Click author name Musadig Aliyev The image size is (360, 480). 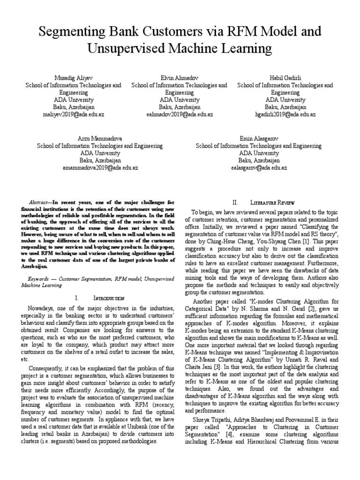coord(74,77)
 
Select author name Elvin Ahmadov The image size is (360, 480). coord(180,77)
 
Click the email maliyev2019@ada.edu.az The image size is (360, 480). coord(74,114)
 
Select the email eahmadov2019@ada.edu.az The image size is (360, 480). coord(180,114)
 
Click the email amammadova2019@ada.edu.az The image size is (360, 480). coord(100,167)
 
